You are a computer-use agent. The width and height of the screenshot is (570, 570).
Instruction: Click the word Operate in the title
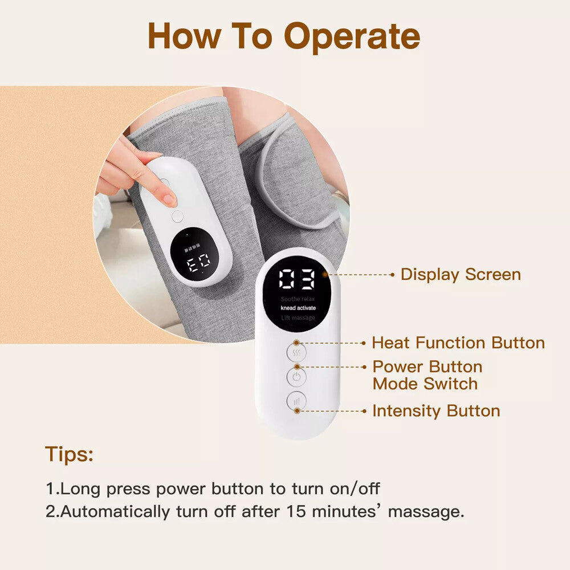352,37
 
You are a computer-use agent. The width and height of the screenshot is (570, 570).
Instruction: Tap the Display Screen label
461,274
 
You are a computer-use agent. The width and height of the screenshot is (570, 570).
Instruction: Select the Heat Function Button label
458,343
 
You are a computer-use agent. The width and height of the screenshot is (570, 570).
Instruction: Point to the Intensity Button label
436,411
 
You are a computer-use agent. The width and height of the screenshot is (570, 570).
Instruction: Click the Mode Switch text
425,384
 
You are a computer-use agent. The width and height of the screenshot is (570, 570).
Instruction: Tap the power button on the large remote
296,377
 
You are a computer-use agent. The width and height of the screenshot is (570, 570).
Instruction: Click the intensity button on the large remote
296,401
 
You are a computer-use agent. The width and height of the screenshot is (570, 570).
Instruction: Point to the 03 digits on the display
296,280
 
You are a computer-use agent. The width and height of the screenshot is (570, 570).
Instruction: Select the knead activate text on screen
298,308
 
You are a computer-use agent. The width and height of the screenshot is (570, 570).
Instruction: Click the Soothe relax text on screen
298,299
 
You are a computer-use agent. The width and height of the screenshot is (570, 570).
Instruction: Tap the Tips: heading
70,455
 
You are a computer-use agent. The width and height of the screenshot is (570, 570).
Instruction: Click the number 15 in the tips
296,511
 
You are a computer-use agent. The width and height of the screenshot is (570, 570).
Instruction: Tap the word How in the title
182,37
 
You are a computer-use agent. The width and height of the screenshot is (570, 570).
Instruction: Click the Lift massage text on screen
298,317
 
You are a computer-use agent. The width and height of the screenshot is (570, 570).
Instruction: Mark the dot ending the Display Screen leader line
392,274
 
